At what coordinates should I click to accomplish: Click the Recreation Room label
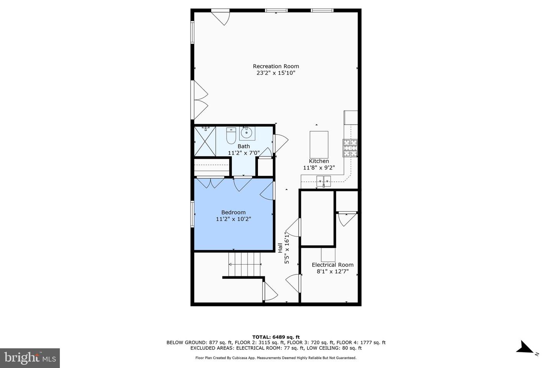pyautogui.click(x=276, y=66)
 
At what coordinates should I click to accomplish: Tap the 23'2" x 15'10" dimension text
pyautogui.click(x=276, y=73)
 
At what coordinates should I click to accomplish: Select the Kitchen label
pyautogui.click(x=319, y=161)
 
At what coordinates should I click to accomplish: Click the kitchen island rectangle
pyautogui.click(x=319, y=145)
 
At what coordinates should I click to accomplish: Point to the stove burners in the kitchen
pyautogui.click(x=350, y=148)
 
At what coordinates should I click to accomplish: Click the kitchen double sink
pyautogui.click(x=324, y=181)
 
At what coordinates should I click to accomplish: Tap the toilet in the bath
pyautogui.click(x=231, y=136)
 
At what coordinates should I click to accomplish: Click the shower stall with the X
pyautogui.click(x=205, y=141)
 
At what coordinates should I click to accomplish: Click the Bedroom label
pyautogui.click(x=233, y=212)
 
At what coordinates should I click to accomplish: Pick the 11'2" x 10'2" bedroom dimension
pyautogui.click(x=233, y=219)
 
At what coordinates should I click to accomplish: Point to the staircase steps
pyautogui.click(x=245, y=264)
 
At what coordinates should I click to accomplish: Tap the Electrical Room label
pyautogui.click(x=333, y=265)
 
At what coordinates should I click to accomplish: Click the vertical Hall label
pyautogui.click(x=280, y=248)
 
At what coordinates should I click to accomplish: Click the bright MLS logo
pyautogui.click(x=30, y=358)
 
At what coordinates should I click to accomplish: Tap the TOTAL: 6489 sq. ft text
pyautogui.click(x=276, y=337)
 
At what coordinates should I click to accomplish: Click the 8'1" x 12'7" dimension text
pyautogui.click(x=333, y=272)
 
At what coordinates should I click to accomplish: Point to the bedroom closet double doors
pyautogui.click(x=210, y=182)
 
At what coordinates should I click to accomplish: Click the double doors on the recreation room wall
pyautogui.click(x=200, y=100)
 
